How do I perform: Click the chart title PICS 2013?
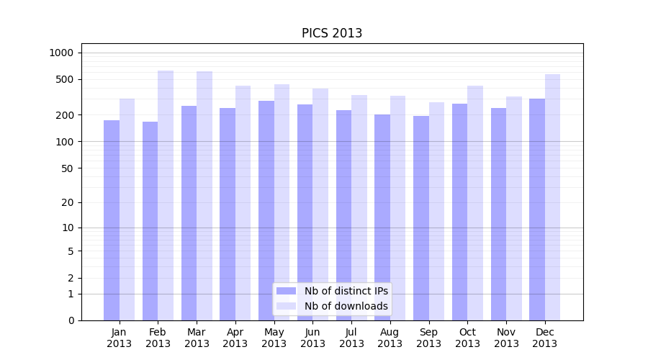click(x=332, y=33)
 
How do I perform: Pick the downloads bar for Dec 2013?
click(x=552, y=197)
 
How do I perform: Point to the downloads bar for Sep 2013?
click(x=436, y=212)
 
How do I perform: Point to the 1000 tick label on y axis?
click(x=61, y=53)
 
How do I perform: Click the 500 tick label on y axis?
click(x=65, y=79)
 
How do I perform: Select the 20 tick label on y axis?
click(x=68, y=202)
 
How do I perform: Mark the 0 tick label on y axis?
click(x=71, y=320)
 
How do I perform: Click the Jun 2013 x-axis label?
click(x=312, y=338)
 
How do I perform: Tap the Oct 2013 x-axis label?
click(x=467, y=338)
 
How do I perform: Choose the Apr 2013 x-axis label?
click(x=235, y=338)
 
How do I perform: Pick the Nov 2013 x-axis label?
click(x=506, y=338)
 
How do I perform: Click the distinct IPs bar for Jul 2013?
click(x=343, y=215)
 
